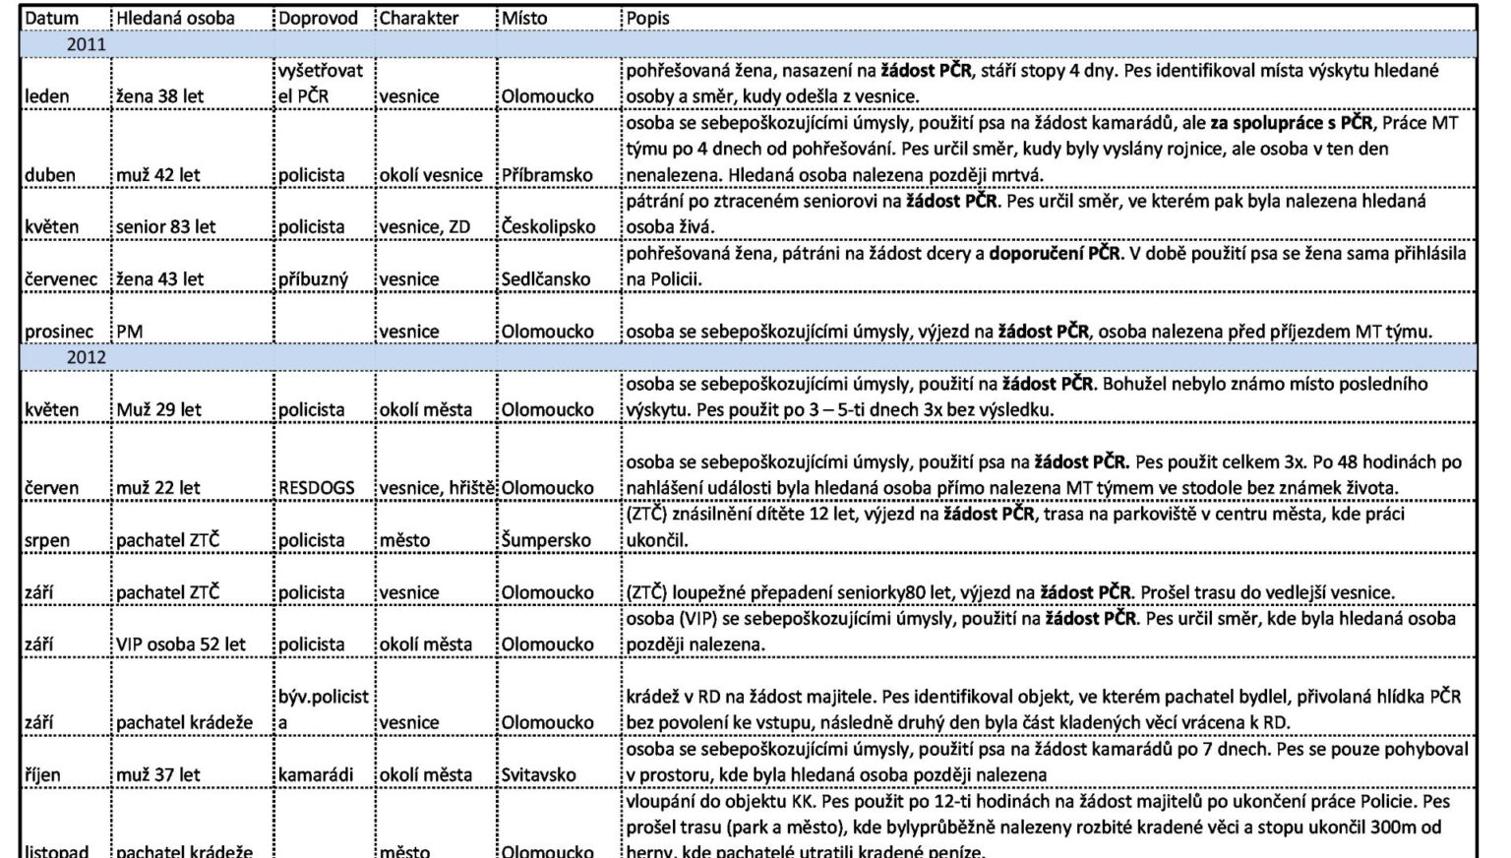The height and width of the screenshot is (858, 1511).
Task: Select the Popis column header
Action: point(647,19)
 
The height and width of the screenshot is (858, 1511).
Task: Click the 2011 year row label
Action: point(86,44)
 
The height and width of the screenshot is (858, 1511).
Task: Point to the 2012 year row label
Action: point(86,357)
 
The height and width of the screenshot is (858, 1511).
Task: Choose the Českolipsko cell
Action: point(548,227)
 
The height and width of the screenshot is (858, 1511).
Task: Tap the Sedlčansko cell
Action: point(545,279)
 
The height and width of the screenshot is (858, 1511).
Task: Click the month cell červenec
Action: point(61,279)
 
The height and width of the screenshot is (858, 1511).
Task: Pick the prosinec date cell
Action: point(59,332)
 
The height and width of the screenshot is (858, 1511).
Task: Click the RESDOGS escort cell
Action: point(316,488)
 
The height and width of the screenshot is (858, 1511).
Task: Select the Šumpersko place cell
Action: point(546,540)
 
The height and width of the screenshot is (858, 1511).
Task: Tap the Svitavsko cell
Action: point(538,775)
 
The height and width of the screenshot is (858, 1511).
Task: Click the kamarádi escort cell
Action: point(316,775)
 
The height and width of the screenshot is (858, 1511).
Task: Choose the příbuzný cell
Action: point(313,279)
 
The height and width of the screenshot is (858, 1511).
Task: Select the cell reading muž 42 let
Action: point(157,175)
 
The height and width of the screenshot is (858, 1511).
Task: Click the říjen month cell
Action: point(43,775)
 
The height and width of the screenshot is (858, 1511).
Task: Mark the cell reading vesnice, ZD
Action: point(424,227)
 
